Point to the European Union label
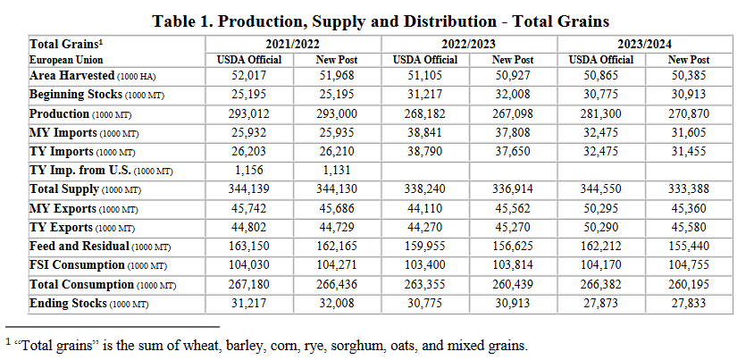tap(60, 59)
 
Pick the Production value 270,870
tap(690, 114)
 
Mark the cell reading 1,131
tap(338, 170)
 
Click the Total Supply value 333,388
tap(690, 189)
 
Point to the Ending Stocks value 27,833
tap(690, 305)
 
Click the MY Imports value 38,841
tap(425, 132)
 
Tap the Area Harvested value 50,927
tap(513, 76)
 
